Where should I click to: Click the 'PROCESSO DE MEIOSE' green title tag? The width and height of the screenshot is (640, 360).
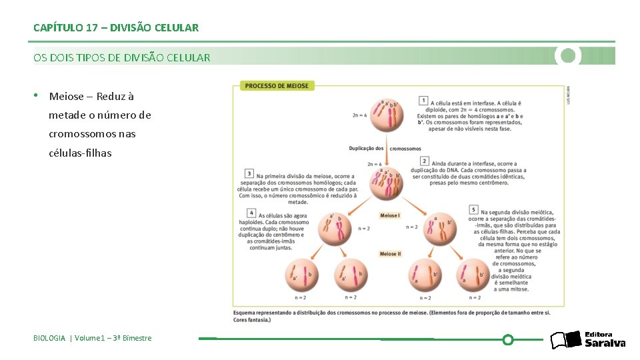click(277, 86)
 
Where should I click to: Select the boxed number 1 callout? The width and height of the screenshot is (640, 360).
click(423, 100)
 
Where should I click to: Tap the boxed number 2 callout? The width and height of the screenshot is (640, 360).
click(424, 161)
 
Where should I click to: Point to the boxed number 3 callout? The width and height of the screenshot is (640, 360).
click(249, 173)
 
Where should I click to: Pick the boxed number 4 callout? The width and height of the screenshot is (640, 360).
click(251, 213)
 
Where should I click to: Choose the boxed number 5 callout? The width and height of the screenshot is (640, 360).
click(473, 209)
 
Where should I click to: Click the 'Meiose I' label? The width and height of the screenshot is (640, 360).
click(389, 215)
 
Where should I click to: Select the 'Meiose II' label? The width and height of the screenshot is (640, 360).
click(390, 254)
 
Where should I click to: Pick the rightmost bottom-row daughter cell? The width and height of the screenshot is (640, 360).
click(473, 274)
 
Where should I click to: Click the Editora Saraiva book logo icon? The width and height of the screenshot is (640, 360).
click(566, 340)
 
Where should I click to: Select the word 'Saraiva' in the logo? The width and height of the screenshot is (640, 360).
click(605, 343)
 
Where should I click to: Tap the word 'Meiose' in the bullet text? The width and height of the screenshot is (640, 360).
click(67, 97)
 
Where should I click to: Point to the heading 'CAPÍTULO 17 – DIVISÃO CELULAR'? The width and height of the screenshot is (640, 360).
click(116, 28)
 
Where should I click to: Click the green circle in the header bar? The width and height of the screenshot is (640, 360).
click(568, 56)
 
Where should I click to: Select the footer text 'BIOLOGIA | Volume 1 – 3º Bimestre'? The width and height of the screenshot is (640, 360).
click(93, 338)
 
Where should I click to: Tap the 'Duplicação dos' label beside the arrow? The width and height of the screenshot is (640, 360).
click(366, 148)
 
